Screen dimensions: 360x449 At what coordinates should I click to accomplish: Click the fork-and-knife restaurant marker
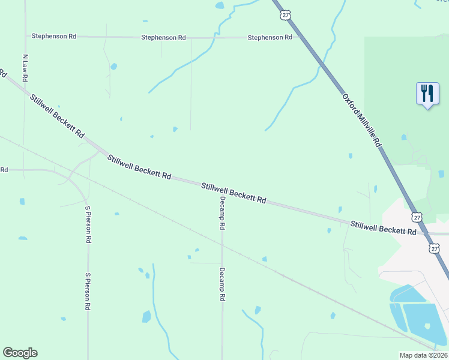[x=427, y=94]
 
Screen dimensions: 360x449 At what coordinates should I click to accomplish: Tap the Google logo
[x=20, y=353]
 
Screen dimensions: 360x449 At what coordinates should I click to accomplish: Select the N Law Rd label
[x=26, y=68]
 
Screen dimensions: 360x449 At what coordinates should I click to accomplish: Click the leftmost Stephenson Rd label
[x=54, y=37]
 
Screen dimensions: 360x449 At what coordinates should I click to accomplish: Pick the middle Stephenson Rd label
[x=163, y=37]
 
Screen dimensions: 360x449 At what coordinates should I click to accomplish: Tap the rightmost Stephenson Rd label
[x=270, y=37]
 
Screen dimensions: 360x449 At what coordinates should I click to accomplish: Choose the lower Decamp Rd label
[x=221, y=284]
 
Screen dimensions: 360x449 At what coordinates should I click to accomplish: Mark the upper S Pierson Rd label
[x=88, y=224]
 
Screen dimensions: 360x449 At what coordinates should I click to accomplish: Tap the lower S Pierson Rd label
[x=87, y=291]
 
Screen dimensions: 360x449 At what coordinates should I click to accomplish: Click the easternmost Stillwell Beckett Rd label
[x=384, y=227]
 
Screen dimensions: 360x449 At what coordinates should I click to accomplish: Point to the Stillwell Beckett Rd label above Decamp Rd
[x=234, y=193]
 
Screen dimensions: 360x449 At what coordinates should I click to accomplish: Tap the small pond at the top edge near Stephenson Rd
[x=220, y=5]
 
